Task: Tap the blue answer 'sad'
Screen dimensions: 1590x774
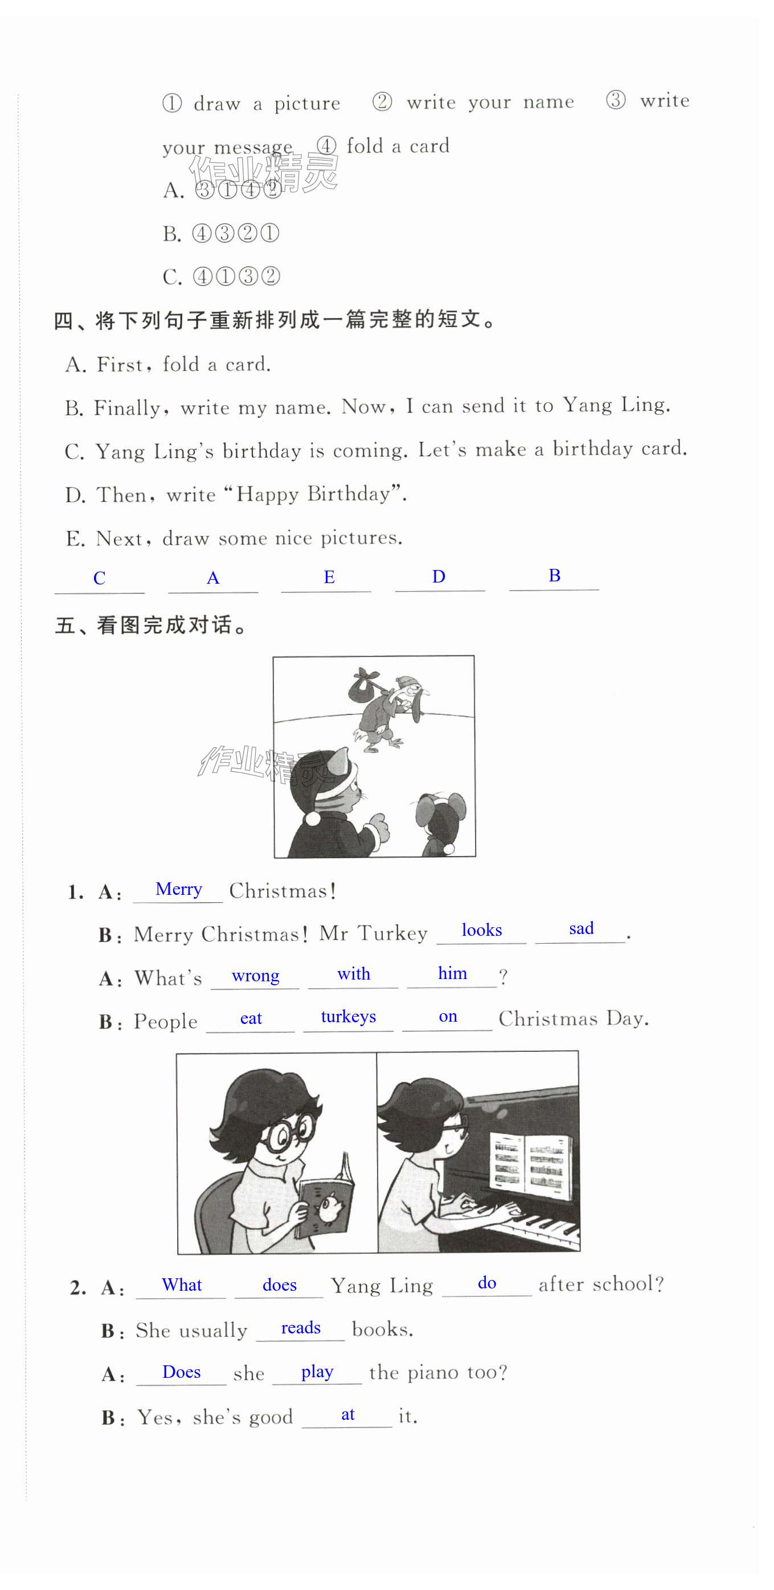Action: click(581, 928)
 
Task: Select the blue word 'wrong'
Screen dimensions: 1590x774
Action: click(255, 976)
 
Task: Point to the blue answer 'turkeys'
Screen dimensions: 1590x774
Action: click(349, 1016)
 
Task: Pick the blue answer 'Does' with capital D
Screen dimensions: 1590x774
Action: click(181, 1372)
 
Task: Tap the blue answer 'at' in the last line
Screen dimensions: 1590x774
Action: click(348, 1414)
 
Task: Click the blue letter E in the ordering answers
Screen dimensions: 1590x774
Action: click(329, 577)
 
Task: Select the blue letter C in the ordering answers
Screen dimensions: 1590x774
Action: click(100, 579)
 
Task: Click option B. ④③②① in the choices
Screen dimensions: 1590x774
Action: click(221, 233)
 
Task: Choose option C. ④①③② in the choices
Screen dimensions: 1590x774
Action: click(222, 276)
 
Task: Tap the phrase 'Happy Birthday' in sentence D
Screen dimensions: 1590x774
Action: click(314, 494)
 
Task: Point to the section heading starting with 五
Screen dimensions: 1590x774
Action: click(152, 625)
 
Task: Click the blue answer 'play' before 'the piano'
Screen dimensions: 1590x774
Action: click(317, 1372)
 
